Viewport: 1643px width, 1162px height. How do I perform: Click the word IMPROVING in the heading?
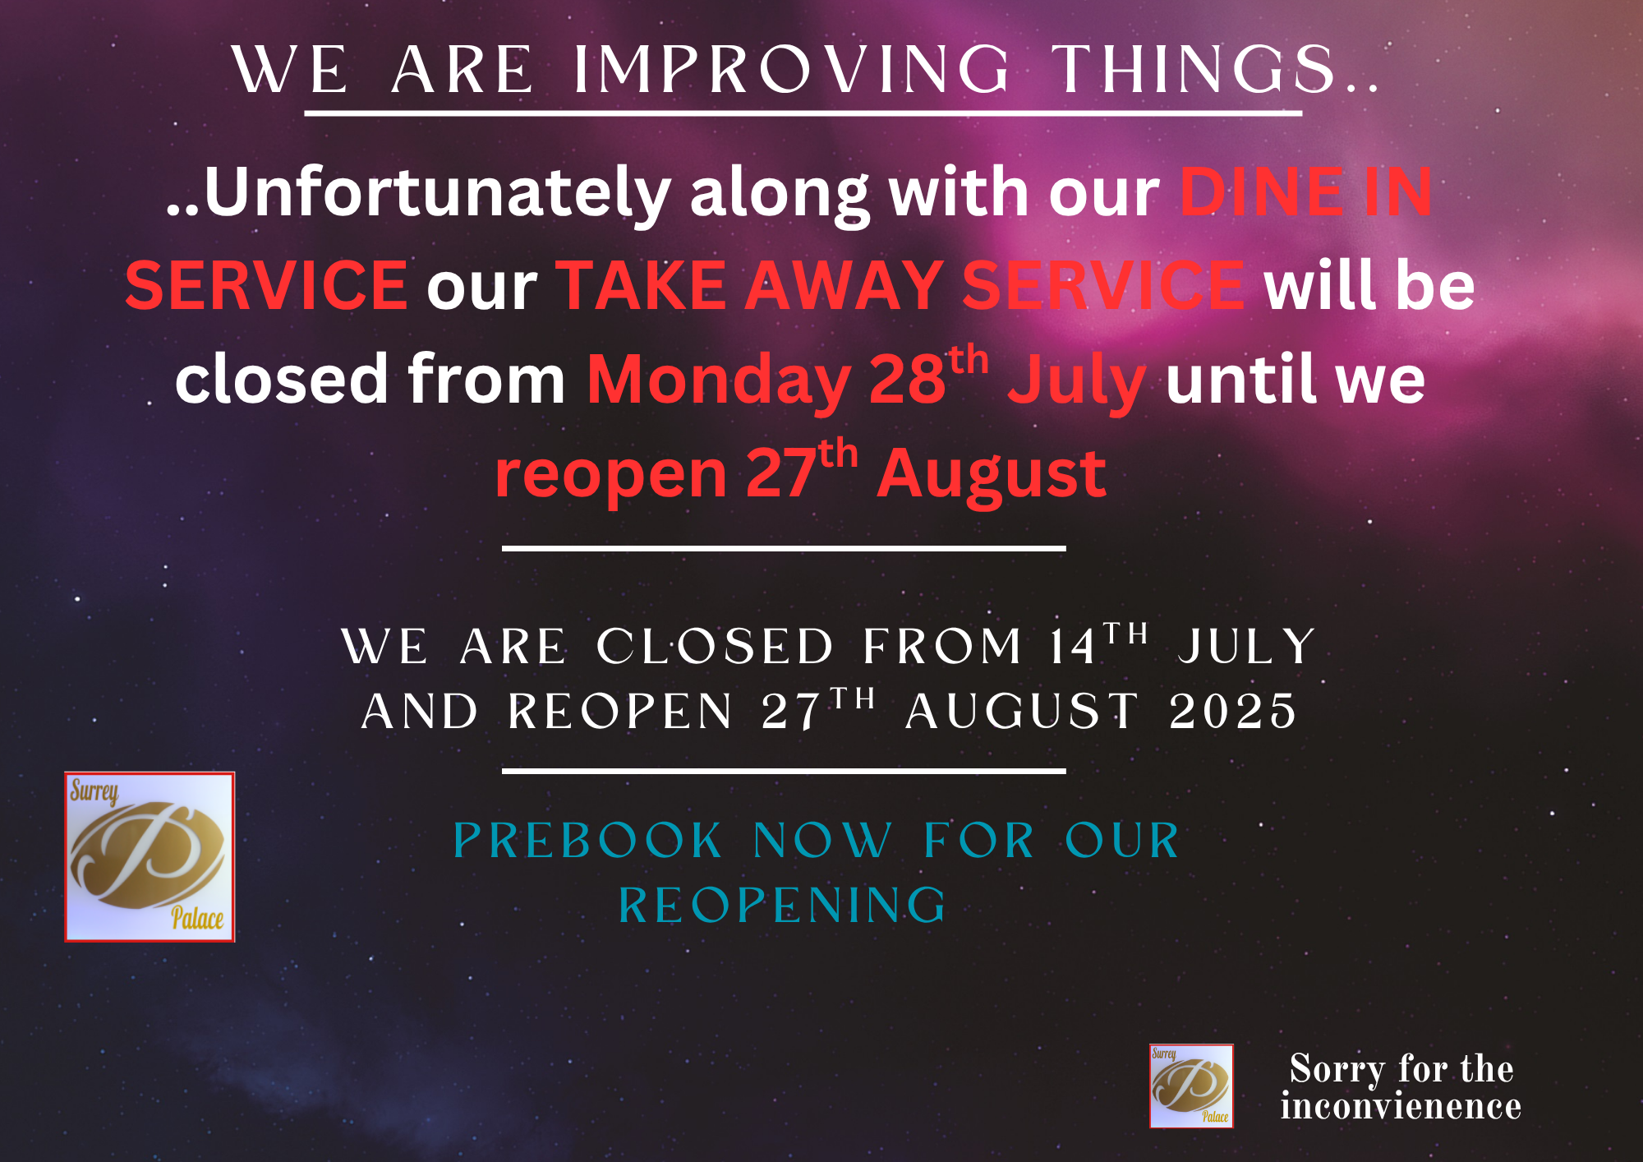click(792, 70)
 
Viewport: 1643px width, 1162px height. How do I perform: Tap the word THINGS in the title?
click(1194, 70)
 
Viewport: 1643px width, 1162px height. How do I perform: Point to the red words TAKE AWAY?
click(749, 285)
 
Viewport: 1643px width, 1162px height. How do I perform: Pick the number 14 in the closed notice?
click(1073, 647)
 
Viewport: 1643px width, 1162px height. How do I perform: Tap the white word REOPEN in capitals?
click(619, 712)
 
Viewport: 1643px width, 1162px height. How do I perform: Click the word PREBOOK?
click(587, 842)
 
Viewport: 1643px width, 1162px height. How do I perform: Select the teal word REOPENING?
click(783, 906)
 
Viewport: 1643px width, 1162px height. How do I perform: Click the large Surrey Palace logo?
click(150, 857)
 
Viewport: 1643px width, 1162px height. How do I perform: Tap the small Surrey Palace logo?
click(1191, 1086)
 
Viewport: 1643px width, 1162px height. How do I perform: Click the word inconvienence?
click(1401, 1106)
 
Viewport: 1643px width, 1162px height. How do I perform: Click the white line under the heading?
click(803, 113)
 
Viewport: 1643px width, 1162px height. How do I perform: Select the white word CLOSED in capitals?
click(715, 647)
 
